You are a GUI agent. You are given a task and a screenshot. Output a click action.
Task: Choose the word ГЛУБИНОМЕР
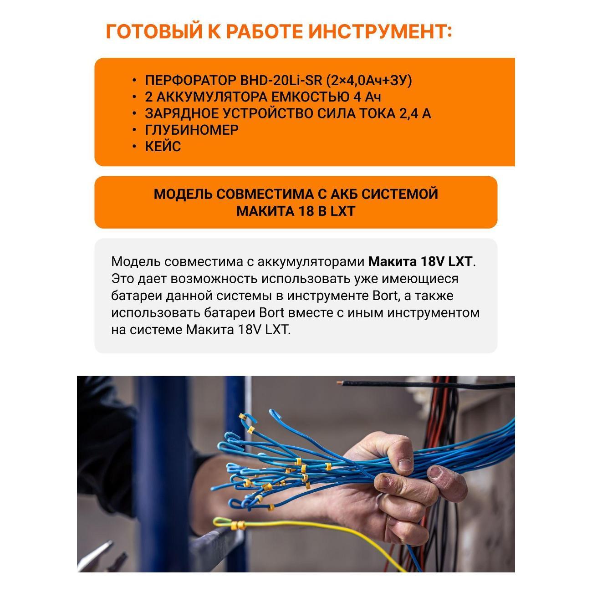(x=192, y=130)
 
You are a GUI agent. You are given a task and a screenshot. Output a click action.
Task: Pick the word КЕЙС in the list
(x=163, y=146)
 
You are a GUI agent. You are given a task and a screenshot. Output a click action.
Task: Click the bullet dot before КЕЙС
(x=134, y=146)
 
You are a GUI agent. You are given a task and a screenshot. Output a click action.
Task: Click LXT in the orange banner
(x=343, y=211)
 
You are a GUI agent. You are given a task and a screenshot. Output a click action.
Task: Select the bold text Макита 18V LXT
(x=420, y=262)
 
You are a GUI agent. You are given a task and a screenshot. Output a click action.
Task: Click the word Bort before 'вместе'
(x=272, y=313)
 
